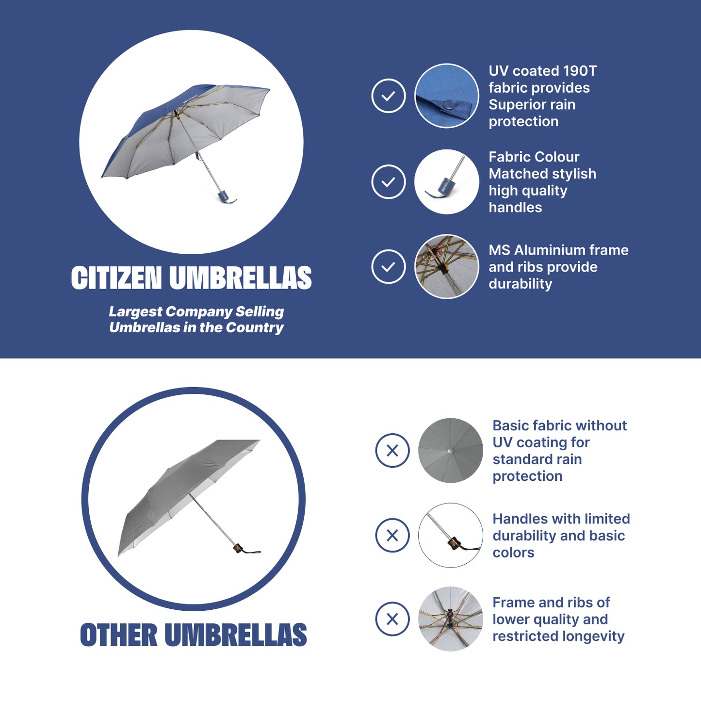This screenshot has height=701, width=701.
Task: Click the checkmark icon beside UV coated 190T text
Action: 389,96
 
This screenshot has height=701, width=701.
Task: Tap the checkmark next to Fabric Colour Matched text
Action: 389,181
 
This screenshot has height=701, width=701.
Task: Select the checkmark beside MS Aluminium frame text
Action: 389,266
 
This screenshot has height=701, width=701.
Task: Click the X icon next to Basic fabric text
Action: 392,450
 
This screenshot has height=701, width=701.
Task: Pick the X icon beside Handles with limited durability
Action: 392,535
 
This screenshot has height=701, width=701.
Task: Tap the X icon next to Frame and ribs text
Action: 392,619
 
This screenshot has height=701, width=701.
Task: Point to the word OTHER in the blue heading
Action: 118,635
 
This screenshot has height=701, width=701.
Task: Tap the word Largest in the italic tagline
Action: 135,312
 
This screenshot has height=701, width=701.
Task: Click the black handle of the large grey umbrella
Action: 239,548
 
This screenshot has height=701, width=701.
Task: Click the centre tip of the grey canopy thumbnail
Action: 451,451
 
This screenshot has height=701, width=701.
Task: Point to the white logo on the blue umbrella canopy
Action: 191,98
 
